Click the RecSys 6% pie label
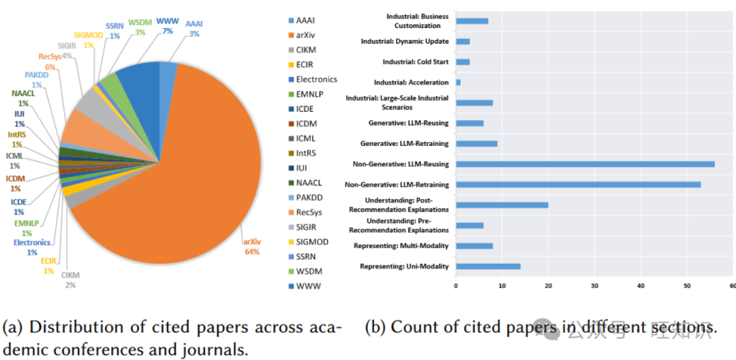51,62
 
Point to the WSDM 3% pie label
140,27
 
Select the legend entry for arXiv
309,35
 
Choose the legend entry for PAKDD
311,197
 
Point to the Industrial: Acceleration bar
458,82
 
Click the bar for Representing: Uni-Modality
488,266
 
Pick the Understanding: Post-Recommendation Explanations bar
502,205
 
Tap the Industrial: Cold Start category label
415,62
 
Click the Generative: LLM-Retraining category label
404,144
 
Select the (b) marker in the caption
375,328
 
